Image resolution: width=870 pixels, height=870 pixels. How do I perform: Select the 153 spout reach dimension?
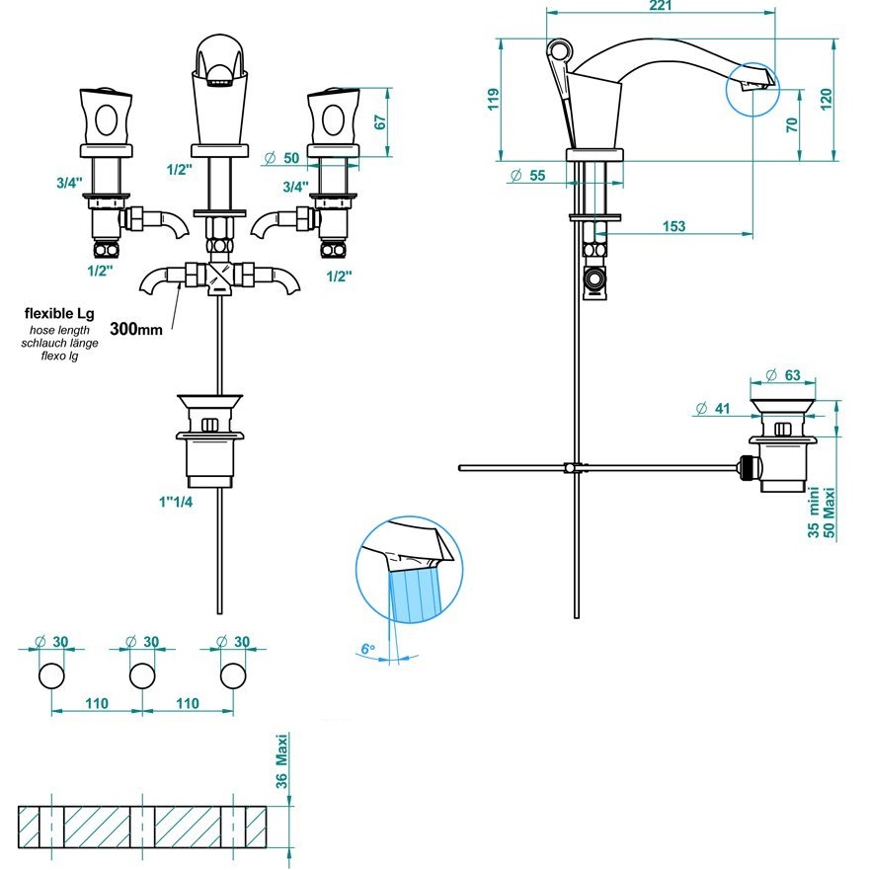673,226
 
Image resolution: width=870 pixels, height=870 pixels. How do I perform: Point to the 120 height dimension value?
827,100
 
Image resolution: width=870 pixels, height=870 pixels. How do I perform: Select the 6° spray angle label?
368,649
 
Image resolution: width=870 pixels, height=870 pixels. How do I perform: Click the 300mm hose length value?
136,329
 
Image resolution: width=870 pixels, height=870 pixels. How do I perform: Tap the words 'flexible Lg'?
59,313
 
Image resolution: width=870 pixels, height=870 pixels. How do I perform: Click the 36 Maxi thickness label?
281,761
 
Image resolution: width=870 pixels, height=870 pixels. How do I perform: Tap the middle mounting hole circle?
142,675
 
